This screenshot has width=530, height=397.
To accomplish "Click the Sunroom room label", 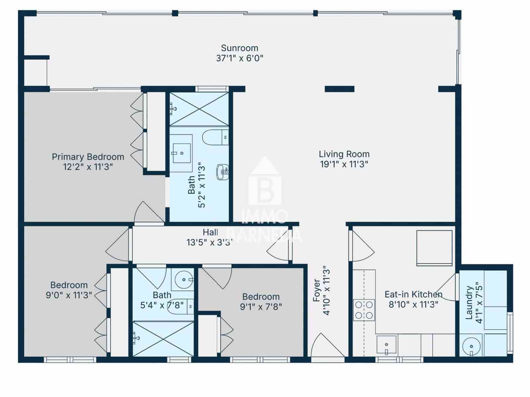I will click(239, 48).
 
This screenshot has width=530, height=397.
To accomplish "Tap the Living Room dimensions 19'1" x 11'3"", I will click(344, 164).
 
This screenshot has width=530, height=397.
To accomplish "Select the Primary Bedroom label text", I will click(88, 156).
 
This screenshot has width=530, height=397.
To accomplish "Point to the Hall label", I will click(210, 232).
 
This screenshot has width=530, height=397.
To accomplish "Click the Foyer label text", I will click(317, 290).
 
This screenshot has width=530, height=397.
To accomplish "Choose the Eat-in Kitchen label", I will click(413, 294).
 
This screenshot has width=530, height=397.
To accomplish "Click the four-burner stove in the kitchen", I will click(364, 310).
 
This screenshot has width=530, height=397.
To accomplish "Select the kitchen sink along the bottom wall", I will click(387, 345).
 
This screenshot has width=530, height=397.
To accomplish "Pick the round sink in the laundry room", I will click(471, 347).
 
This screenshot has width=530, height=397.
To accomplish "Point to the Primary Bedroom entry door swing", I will click(148, 213).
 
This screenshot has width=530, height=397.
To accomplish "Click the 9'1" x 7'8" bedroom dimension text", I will click(261, 307).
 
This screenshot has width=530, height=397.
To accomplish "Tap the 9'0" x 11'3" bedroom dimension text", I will click(69, 295).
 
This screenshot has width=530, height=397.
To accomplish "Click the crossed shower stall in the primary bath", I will click(199, 109).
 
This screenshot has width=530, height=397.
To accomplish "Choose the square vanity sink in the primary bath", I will click(181, 153).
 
